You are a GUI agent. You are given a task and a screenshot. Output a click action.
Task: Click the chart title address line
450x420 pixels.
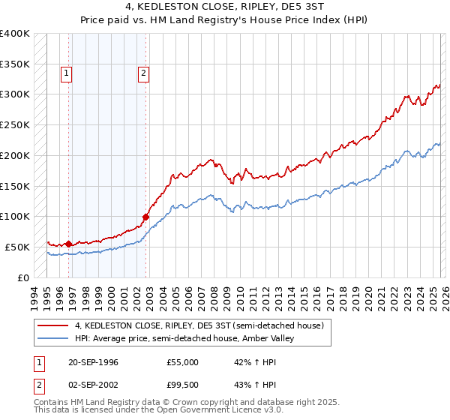click(x=225, y=6)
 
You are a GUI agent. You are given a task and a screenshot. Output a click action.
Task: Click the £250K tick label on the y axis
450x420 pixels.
click(x=15, y=124)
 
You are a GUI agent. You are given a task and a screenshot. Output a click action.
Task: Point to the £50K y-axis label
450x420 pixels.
click(x=17, y=247)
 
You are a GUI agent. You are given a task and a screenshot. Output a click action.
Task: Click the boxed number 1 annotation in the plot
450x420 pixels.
click(x=67, y=73)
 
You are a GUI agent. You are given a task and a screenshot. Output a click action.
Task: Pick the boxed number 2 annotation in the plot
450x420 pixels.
click(x=142, y=73)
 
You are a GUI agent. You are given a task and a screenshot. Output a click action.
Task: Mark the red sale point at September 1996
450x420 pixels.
click(x=69, y=244)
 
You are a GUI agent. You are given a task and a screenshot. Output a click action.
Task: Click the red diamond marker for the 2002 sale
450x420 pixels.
click(x=146, y=217)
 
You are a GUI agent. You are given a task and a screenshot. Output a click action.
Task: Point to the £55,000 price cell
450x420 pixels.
click(x=182, y=362)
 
